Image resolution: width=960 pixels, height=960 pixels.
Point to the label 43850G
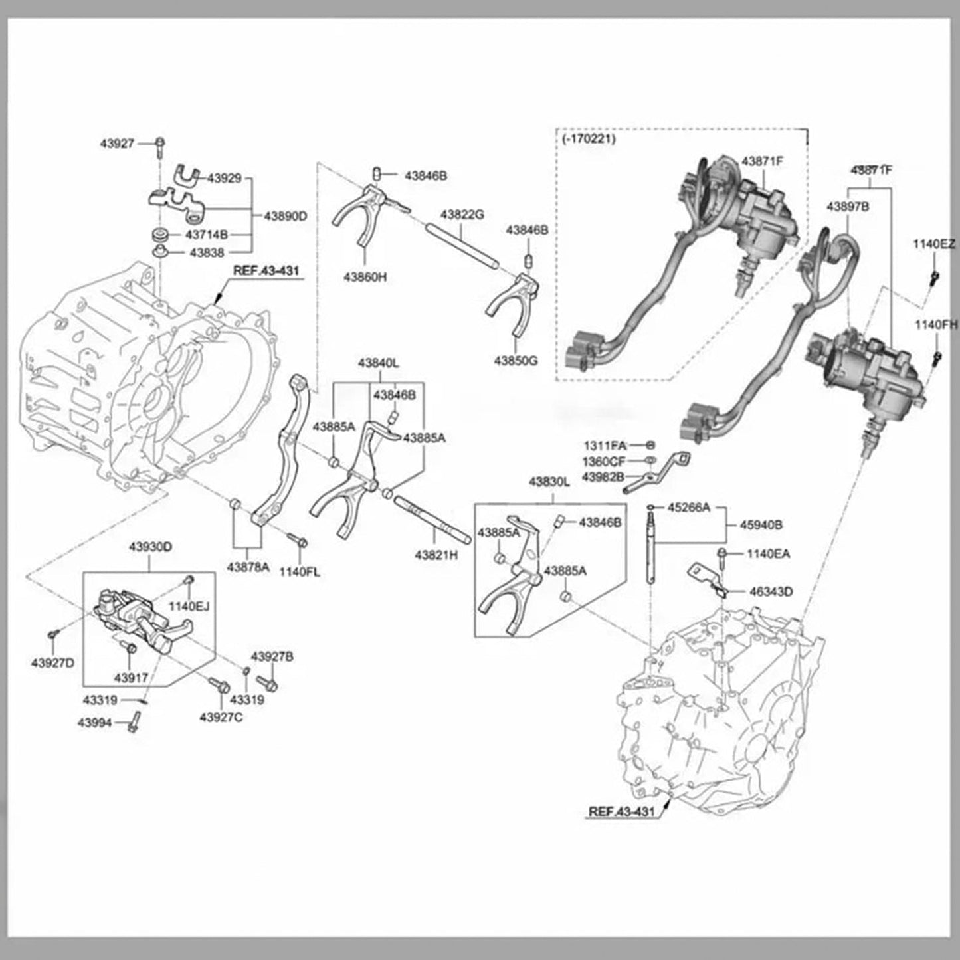(x=516, y=361)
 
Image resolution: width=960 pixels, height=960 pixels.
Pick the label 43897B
(x=848, y=207)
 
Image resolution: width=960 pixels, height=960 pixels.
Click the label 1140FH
(x=936, y=324)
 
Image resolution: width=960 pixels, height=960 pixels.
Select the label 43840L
(x=378, y=363)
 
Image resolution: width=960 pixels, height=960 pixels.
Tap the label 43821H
(x=436, y=554)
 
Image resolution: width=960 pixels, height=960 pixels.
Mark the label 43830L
(x=549, y=481)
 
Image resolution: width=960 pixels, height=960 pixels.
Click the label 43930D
(x=150, y=547)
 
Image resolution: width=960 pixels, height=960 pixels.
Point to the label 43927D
(x=52, y=662)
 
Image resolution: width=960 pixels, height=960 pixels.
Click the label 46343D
(x=771, y=591)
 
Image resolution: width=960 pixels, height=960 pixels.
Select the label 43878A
(x=248, y=567)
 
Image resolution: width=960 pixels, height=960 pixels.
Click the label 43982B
(x=603, y=476)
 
